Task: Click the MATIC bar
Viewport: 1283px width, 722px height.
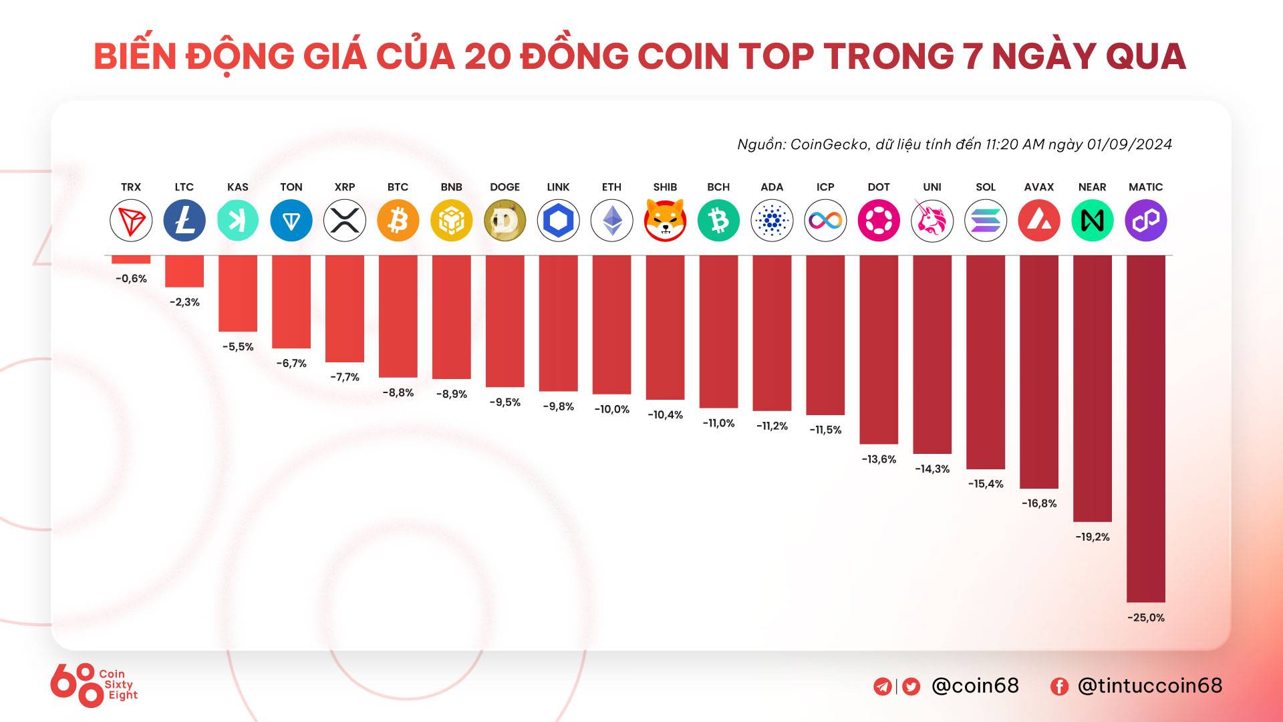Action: pos(1145,428)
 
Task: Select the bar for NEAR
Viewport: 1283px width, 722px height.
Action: pos(1092,388)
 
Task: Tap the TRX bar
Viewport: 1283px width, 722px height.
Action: pos(131,259)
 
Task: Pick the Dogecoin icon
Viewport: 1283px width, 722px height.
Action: pos(505,221)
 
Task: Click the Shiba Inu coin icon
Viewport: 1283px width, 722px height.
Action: pos(665,221)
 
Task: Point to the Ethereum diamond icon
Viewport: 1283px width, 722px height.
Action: pos(611,221)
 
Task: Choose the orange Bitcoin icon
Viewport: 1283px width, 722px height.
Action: pos(398,221)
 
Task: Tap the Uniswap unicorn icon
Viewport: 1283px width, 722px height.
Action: pos(932,221)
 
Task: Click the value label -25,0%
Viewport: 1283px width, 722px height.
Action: pos(1145,618)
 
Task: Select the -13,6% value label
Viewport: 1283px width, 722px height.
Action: pos(879,459)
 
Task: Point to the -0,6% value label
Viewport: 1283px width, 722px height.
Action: pos(131,279)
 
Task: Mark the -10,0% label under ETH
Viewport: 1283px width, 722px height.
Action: pos(611,409)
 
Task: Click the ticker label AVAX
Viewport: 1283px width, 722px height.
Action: pos(1038,187)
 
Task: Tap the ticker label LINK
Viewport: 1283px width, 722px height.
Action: pos(558,187)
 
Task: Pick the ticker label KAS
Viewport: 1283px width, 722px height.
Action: pos(237,187)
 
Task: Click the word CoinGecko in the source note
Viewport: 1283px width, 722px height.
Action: pos(829,144)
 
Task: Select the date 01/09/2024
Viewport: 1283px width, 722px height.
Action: pos(1129,144)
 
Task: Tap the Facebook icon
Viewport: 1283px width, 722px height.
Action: pos(1059,687)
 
